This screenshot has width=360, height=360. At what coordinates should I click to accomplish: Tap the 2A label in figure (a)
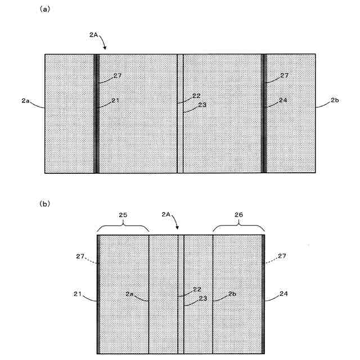click(x=94, y=34)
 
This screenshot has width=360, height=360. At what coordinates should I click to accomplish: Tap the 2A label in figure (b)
click(x=166, y=214)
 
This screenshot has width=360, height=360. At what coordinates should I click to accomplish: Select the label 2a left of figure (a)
click(x=24, y=101)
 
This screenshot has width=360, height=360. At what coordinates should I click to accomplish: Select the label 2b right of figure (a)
click(x=336, y=101)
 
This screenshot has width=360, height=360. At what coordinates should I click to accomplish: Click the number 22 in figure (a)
click(x=196, y=96)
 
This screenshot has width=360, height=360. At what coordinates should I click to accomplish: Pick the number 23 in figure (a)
click(x=201, y=105)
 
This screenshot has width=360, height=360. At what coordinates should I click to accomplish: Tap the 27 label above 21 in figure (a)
click(x=118, y=75)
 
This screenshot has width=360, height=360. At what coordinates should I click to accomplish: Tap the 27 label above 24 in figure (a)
click(x=284, y=75)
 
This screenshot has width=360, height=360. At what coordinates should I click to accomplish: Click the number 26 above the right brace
click(x=237, y=214)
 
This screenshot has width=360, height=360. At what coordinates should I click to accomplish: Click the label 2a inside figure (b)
click(x=129, y=294)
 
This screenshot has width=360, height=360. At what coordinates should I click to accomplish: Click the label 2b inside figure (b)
click(x=232, y=294)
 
